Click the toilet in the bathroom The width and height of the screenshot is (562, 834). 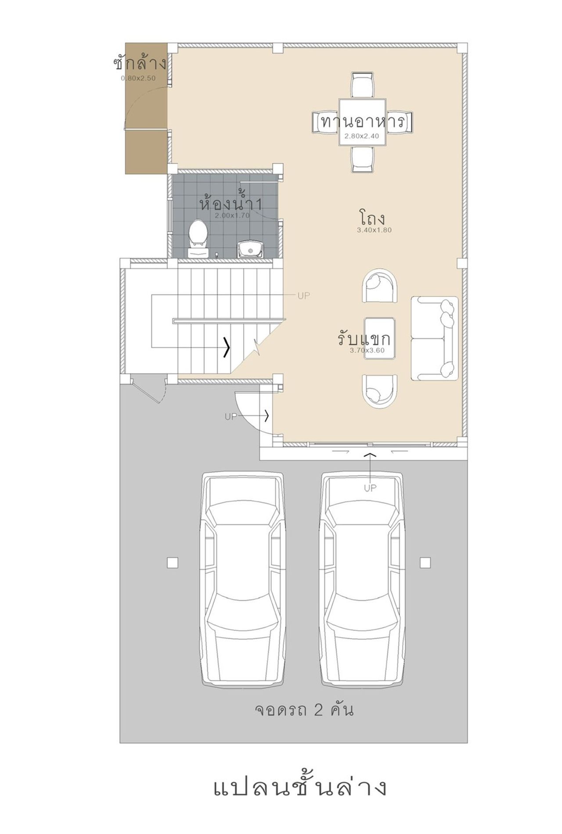pyautogui.click(x=198, y=239)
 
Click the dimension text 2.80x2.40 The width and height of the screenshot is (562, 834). pyautogui.click(x=362, y=136)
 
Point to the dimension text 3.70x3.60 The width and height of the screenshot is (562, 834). pyautogui.click(x=367, y=350)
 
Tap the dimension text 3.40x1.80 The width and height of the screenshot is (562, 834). pyautogui.click(x=375, y=230)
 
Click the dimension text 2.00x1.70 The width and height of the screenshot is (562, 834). pyautogui.click(x=232, y=216)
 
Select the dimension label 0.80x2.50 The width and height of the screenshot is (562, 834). pyautogui.click(x=139, y=78)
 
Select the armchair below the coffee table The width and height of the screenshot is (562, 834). pyautogui.click(x=380, y=391)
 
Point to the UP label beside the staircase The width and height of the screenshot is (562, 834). pyautogui.click(x=304, y=296)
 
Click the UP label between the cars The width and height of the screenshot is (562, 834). pyautogui.click(x=370, y=488)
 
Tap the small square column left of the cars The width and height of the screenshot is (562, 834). pyautogui.click(x=173, y=563)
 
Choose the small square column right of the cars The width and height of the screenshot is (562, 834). pyautogui.click(x=425, y=563)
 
